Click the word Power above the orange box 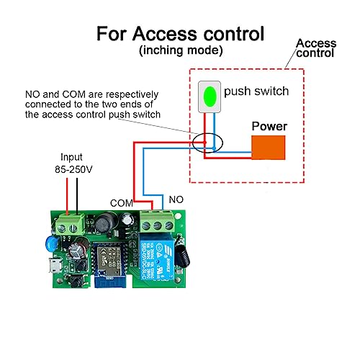[269, 126]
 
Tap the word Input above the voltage [71, 156]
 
